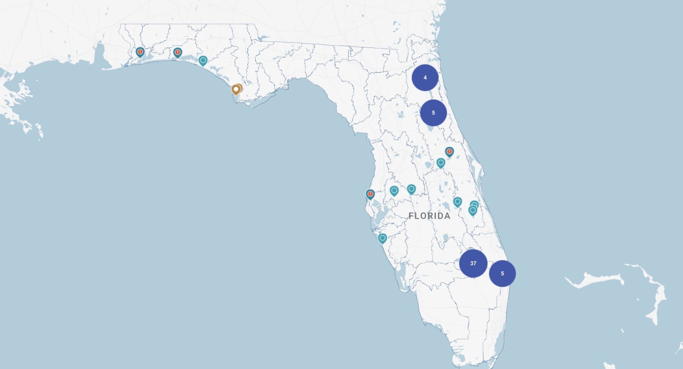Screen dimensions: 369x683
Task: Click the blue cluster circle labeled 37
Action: click(x=473, y=263)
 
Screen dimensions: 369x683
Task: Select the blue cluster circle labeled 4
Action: click(x=425, y=78)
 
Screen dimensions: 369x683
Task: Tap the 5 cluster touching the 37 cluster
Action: click(x=502, y=274)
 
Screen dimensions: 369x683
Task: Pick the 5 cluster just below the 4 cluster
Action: click(x=433, y=113)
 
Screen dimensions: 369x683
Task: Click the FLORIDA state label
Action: click(x=430, y=216)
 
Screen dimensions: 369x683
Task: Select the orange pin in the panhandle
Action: click(x=236, y=89)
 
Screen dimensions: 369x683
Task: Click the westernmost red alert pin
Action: click(x=140, y=52)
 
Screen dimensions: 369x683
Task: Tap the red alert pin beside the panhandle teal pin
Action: click(x=177, y=52)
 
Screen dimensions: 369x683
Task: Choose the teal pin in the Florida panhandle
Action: click(x=203, y=60)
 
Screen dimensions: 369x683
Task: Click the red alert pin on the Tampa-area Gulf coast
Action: click(x=370, y=194)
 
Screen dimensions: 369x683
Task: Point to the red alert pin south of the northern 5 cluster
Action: click(x=449, y=152)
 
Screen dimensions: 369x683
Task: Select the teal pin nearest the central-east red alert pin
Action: click(x=441, y=163)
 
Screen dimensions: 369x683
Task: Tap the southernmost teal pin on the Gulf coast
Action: click(x=382, y=238)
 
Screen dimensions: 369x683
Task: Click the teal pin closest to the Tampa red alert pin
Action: click(x=394, y=190)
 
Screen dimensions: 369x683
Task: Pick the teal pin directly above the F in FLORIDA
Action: click(x=411, y=189)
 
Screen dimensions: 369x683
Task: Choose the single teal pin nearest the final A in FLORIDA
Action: click(x=457, y=202)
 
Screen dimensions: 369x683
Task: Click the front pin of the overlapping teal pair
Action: click(x=472, y=210)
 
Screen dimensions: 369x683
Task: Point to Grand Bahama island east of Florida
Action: click(x=592, y=280)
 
